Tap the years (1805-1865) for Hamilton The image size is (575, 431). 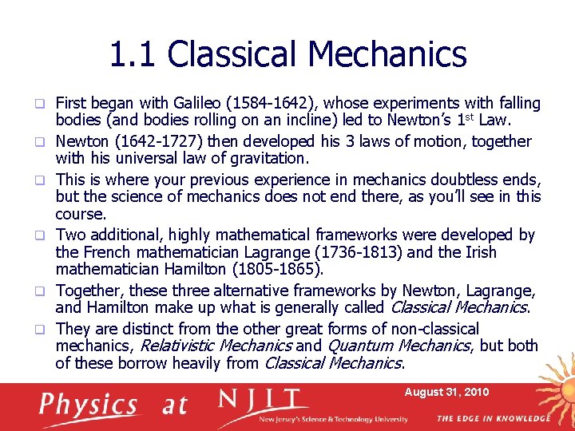[x=268, y=271]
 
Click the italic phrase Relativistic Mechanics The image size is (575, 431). [x=216, y=346]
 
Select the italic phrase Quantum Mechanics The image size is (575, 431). [x=399, y=346]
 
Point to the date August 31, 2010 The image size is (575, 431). [x=446, y=392]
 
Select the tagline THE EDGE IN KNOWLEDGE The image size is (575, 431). [x=493, y=418]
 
